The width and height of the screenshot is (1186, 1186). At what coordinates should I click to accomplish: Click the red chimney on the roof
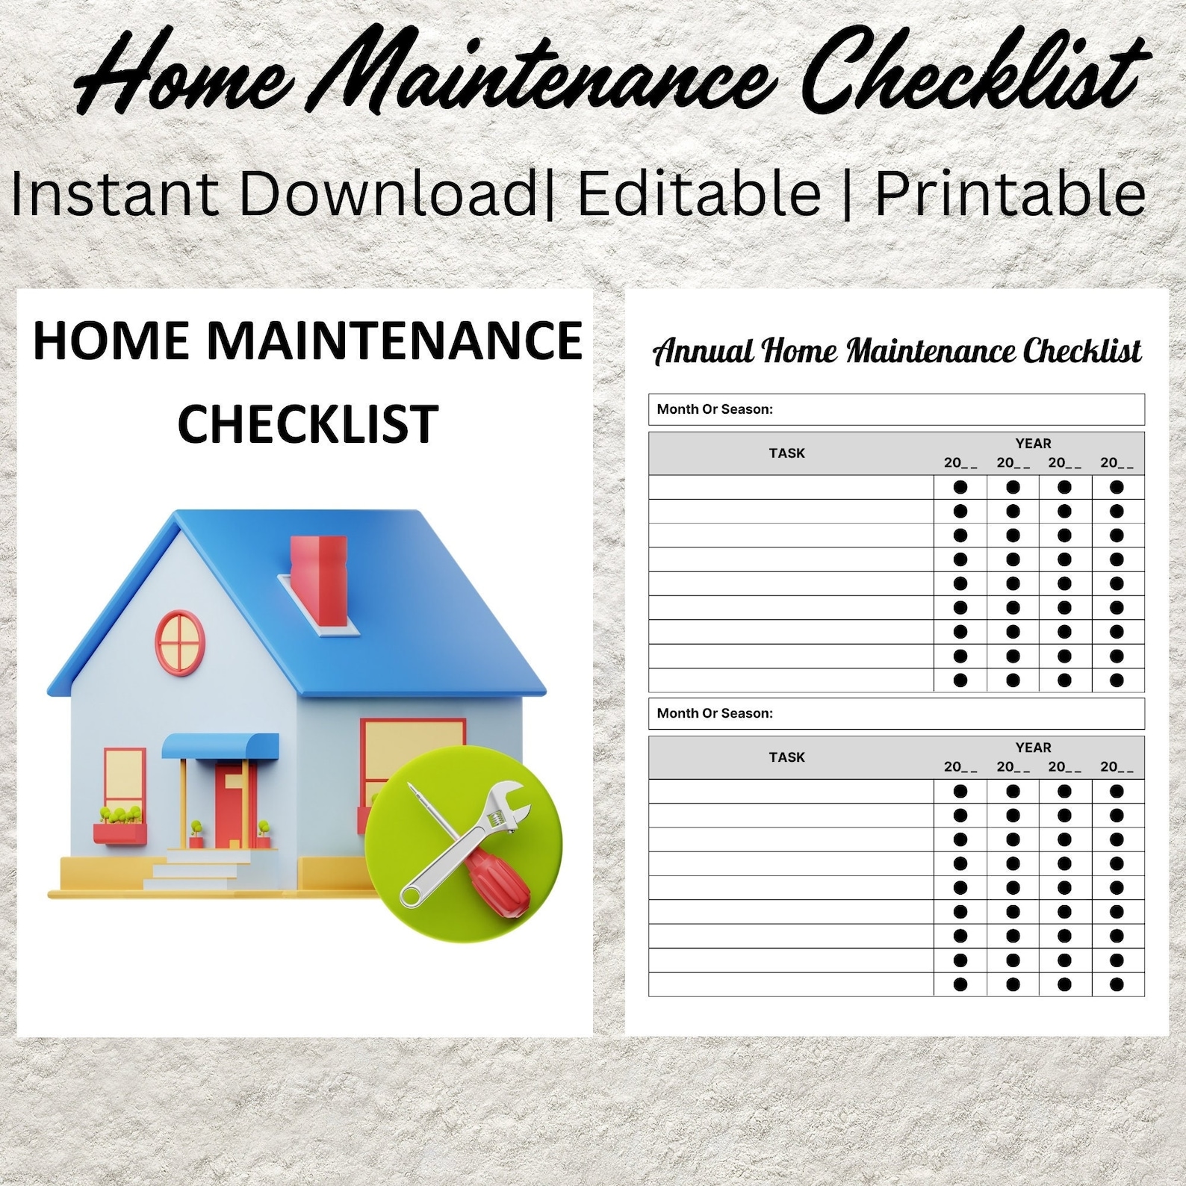(319, 580)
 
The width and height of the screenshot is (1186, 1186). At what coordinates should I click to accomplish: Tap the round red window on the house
(179, 642)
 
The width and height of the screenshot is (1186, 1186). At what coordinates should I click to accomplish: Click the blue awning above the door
(220, 745)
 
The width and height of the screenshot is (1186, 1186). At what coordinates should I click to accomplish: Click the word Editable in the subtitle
(700, 193)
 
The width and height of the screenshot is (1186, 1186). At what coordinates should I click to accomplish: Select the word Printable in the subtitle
(1010, 193)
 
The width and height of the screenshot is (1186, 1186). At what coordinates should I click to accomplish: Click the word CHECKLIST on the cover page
(308, 423)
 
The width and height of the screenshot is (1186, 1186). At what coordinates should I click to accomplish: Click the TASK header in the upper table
(786, 453)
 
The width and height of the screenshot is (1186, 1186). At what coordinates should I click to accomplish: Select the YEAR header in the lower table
(1033, 748)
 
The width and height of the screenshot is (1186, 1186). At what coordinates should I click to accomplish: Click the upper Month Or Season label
(715, 409)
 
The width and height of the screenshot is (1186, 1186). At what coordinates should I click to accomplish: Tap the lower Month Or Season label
(715, 713)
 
